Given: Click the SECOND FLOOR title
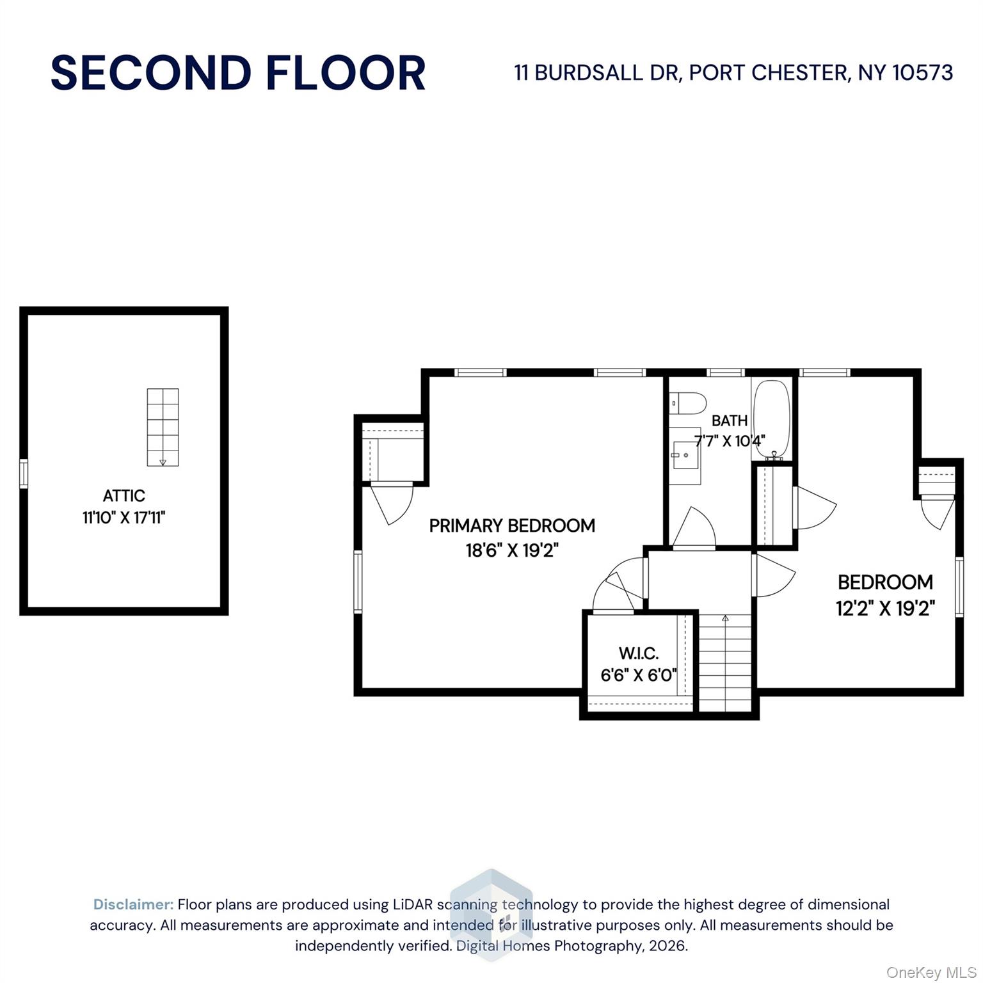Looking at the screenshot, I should pos(237,72).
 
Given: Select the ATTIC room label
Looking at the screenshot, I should pos(124,495).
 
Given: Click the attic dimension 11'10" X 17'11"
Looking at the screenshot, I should pos(124,517).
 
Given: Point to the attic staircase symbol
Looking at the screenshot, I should pos(163,427).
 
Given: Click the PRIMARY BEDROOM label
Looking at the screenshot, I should pos(511,525).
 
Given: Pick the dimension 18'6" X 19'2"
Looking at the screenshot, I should pos(511,550).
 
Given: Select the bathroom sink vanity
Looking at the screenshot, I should pos(686,455).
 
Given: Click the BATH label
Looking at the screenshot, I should pos(729,420).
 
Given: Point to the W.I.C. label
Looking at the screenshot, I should pos(638,653).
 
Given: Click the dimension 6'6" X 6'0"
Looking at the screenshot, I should pos(638,675).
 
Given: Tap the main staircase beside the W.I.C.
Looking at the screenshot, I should pos(725,662).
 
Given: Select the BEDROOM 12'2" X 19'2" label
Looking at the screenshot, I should pos(885,594).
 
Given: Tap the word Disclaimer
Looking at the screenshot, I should pos(133,904).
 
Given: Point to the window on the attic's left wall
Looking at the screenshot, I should pos(24,473).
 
